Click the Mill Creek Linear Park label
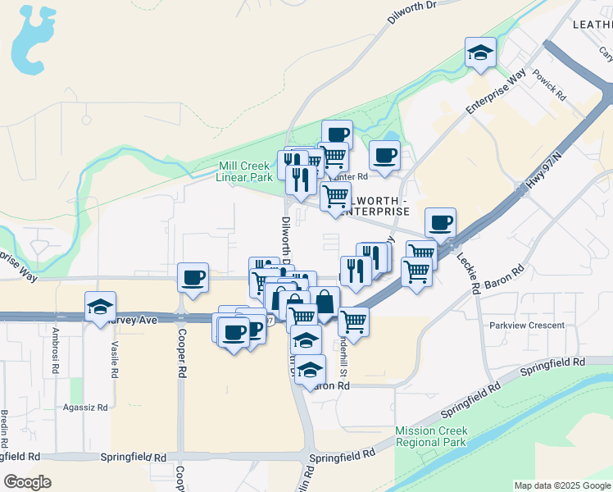click(x=244, y=171)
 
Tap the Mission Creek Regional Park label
click(x=431, y=436)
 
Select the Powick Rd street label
click(x=549, y=85)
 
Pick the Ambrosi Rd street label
click(x=56, y=348)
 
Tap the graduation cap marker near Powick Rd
click(x=480, y=54)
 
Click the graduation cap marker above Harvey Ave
click(x=100, y=308)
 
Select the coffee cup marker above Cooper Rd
click(x=193, y=278)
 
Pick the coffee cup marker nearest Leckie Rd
click(x=440, y=223)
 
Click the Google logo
click(x=27, y=482)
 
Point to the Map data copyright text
click(x=562, y=485)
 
